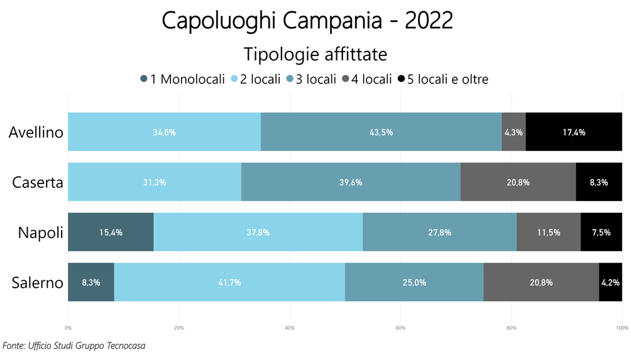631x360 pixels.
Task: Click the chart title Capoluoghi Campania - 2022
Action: (307, 21)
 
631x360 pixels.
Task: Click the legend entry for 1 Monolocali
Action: (182, 79)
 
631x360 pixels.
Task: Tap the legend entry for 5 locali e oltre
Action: (443, 79)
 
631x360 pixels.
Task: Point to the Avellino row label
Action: (36, 132)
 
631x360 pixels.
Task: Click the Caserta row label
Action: (38, 182)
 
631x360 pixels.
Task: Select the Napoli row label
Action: (41, 232)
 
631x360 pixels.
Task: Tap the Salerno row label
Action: (38, 283)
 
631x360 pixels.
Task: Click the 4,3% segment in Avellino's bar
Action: (513, 132)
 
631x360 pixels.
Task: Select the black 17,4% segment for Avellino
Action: (574, 132)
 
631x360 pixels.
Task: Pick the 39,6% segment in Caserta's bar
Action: (350, 182)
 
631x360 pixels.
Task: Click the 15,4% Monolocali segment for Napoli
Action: (111, 232)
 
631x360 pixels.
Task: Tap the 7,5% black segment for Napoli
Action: (601, 232)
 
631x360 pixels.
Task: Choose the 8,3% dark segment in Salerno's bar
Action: (91, 283)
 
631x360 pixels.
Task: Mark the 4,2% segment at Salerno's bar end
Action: (610, 283)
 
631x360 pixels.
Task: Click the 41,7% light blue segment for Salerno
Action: (229, 283)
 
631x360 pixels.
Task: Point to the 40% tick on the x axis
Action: (290, 327)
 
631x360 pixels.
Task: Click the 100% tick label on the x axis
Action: (622, 327)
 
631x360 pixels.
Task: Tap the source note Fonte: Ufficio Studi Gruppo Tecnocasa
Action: (74, 346)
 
